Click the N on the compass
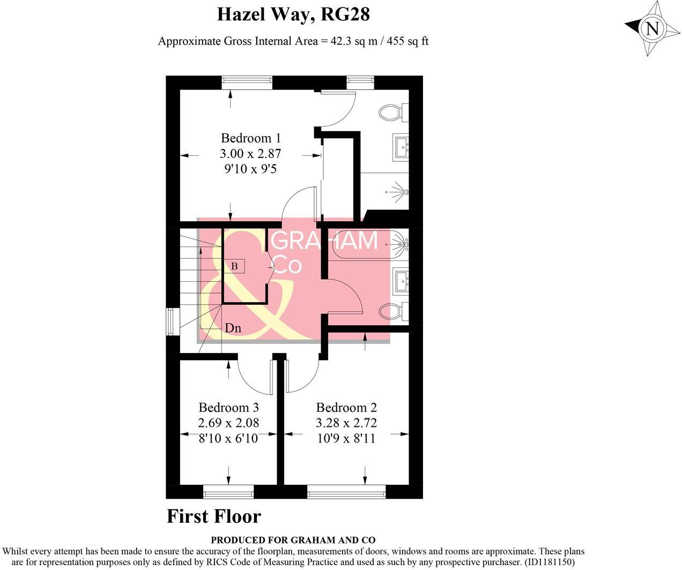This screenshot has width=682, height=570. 652,28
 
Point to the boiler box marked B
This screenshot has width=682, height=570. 234,266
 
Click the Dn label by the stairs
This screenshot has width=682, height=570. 233,328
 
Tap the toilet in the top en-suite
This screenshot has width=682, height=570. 392,112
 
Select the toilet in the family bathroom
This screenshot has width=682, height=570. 392,311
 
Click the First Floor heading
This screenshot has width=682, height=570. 214,516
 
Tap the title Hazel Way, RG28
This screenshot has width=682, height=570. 293,14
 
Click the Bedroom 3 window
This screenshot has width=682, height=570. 228,491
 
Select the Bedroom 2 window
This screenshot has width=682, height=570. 346,491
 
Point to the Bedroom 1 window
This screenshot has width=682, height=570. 247,82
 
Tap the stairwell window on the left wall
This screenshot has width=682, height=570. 173,321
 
